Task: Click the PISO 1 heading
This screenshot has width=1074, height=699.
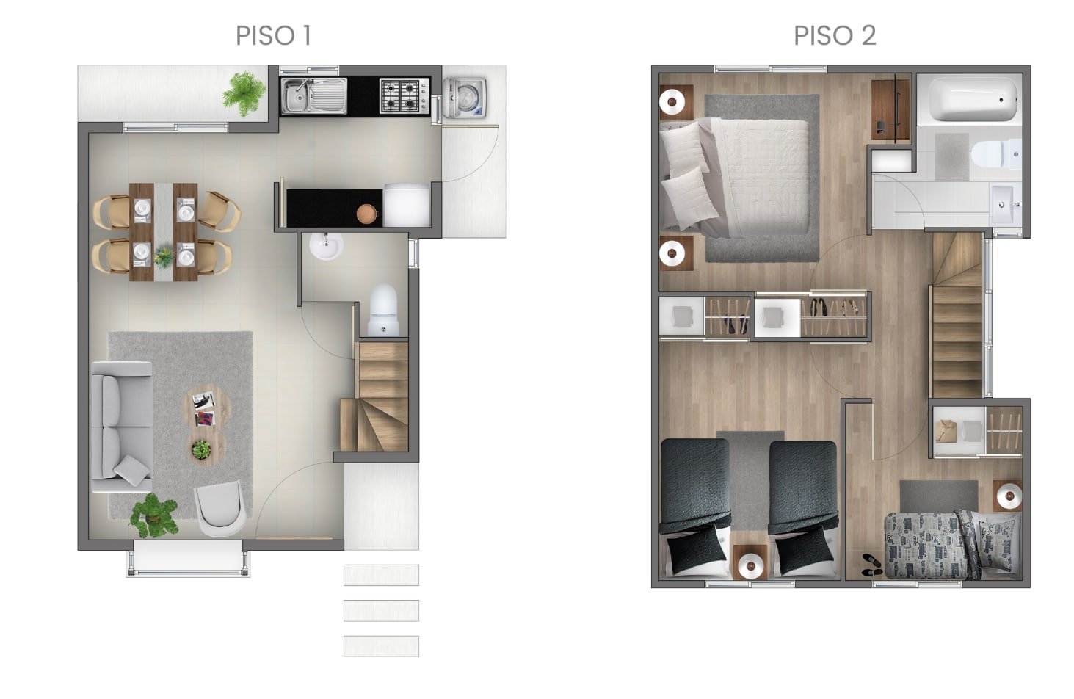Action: pos(274,35)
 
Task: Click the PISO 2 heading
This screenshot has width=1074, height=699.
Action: pos(835,35)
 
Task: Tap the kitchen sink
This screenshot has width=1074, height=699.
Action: pos(314,96)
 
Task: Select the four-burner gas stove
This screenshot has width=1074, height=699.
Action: pos(404,96)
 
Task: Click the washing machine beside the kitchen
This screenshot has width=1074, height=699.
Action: pos(465,98)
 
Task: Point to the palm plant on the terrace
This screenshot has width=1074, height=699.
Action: pos(244,94)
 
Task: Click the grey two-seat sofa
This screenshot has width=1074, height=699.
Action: pos(123,427)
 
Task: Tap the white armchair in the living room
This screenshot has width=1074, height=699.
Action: pos(219,508)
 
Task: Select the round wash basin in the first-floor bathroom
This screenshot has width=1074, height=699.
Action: pos(326,245)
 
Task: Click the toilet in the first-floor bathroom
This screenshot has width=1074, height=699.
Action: pos(383,310)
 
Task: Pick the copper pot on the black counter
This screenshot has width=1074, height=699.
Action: pos(367,214)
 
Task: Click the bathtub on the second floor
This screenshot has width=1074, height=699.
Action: pos(973,99)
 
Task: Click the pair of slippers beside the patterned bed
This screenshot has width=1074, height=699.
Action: pos(871,565)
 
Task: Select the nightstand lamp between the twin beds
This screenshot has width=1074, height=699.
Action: pos(750,566)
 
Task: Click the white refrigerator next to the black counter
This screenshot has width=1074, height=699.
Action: pos(407,205)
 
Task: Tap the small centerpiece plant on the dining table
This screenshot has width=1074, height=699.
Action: pos(164,256)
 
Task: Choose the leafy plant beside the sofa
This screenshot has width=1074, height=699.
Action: pos(154,516)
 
